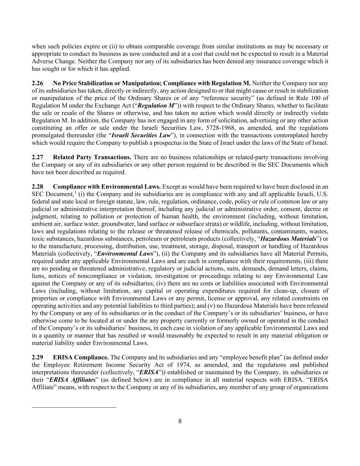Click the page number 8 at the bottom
coord(180,421)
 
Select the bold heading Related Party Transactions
coord(92,157)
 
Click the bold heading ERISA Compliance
coord(81,357)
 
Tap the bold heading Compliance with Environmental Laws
coord(107,187)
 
